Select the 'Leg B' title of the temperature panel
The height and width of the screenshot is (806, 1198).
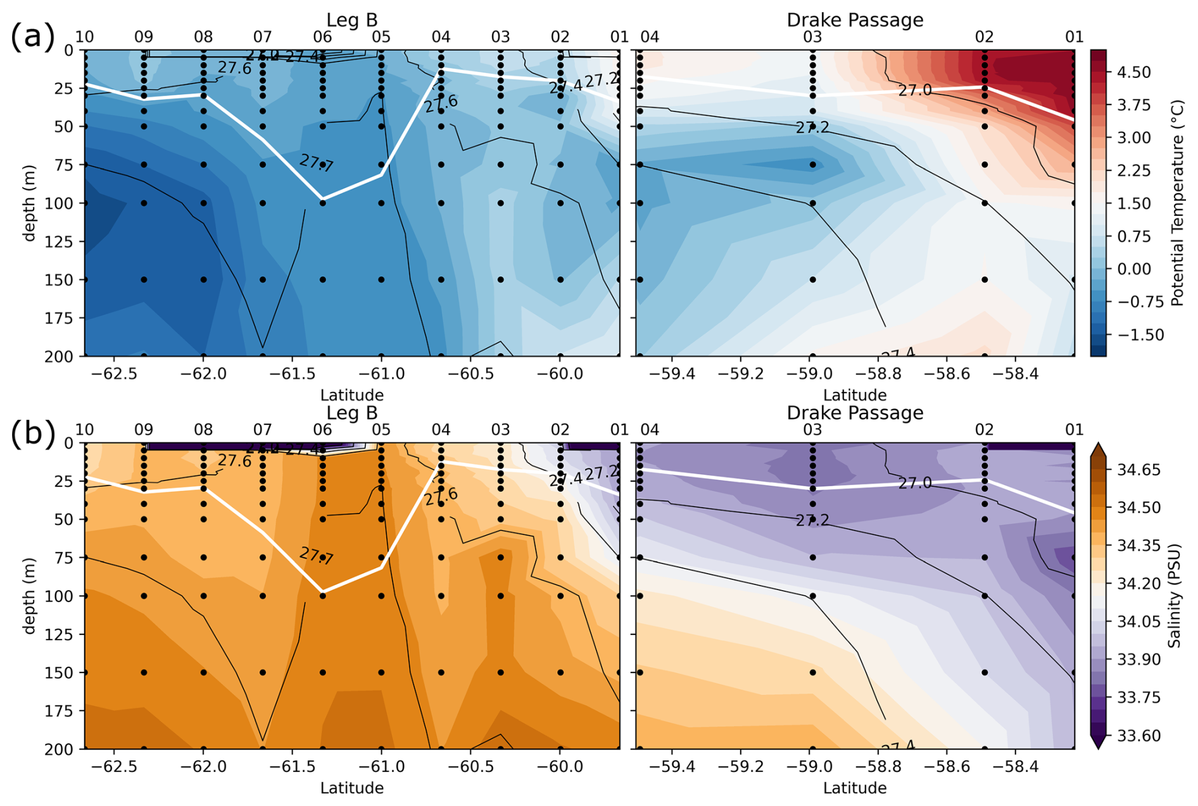[x=352, y=20]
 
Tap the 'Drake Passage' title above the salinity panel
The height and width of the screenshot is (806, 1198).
[x=855, y=413]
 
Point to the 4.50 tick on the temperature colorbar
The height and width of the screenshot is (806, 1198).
[x=1133, y=72]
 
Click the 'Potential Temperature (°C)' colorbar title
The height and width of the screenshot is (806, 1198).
[x=1177, y=203]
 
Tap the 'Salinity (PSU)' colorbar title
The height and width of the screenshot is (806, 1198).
[x=1175, y=596]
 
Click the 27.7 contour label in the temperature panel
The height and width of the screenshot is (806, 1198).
[x=316, y=163]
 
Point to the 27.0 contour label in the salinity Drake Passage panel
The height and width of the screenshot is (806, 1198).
[x=915, y=483]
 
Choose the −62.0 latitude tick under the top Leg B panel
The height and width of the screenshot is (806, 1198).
[x=203, y=374]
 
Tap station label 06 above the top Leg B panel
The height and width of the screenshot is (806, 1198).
[x=322, y=37]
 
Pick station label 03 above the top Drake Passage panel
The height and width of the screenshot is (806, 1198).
[x=812, y=37]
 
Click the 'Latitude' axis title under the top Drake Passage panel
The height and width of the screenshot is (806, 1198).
[x=855, y=395]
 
